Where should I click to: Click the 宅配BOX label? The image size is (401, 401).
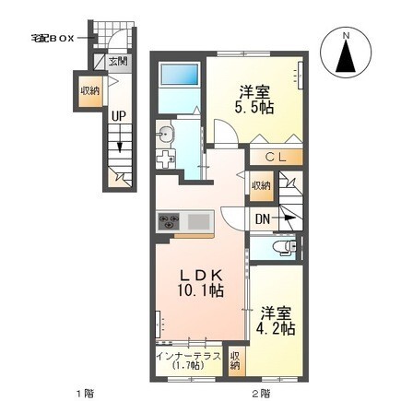[x=53, y=39]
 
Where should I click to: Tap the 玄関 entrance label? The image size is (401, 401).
[x=118, y=62]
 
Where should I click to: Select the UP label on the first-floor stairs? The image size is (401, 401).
[x=119, y=116]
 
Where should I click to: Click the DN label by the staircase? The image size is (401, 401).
[x=263, y=219]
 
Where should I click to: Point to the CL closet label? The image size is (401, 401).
[x=276, y=158]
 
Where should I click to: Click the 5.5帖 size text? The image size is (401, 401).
[x=254, y=107]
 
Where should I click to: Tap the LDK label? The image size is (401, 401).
[x=201, y=276]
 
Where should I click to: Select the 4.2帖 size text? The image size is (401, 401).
[x=276, y=328]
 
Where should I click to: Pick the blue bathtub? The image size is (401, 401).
[x=180, y=75]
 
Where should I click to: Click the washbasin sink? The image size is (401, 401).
[x=165, y=135]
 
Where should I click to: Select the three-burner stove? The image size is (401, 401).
[x=169, y=221]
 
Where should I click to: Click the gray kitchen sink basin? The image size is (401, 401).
[x=198, y=221]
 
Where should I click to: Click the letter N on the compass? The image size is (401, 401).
[x=347, y=36]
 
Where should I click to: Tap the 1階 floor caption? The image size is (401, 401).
[x=85, y=393]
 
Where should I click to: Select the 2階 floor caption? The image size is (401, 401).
[x=262, y=393]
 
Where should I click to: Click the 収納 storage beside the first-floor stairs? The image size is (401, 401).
[x=90, y=91]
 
